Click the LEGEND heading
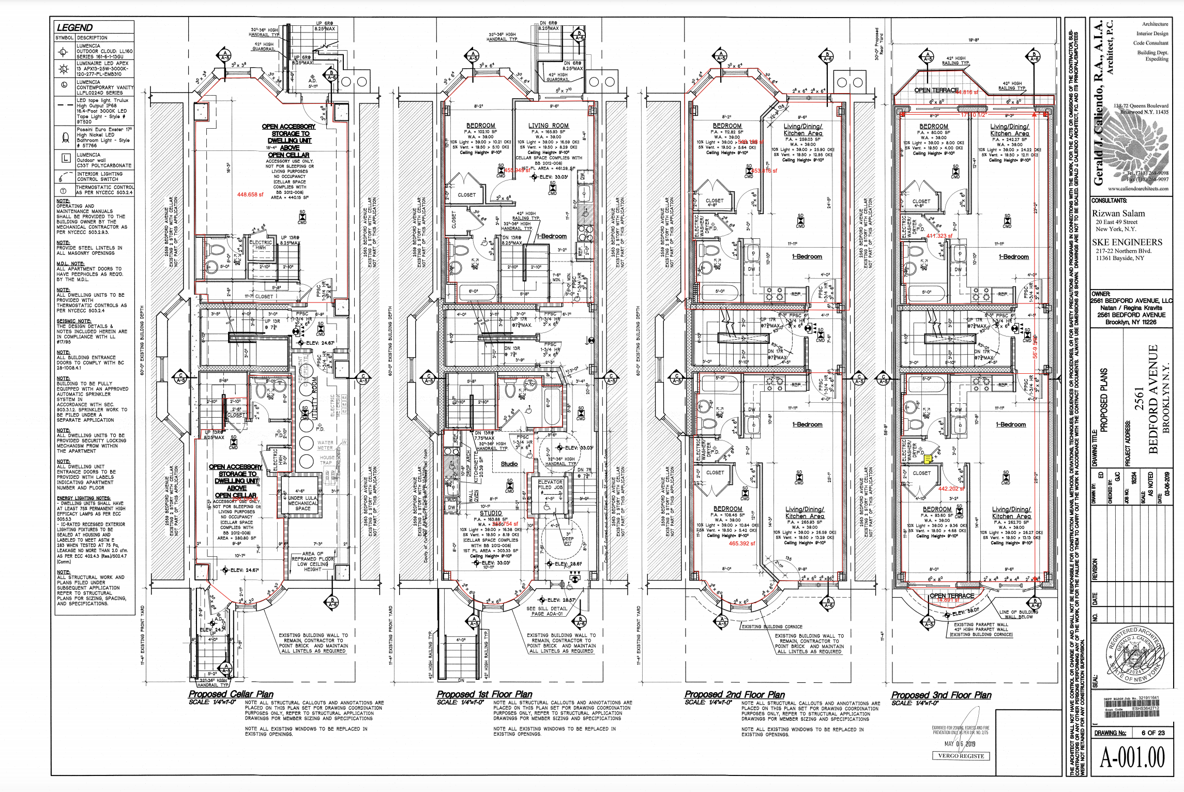[x=74, y=28]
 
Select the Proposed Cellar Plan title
[x=231, y=694]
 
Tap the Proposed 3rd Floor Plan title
[x=941, y=695]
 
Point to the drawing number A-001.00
[x=1132, y=757]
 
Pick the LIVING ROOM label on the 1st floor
[x=548, y=126]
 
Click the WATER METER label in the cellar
[x=325, y=445]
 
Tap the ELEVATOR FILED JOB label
[x=550, y=484]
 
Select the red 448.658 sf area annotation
[x=250, y=194]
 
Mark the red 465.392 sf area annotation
[x=742, y=543]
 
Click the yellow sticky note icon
[x=928, y=459]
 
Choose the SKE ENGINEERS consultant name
[x=1127, y=242]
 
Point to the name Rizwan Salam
[x=1118, y=213]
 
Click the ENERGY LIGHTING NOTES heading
[x=84, y=498]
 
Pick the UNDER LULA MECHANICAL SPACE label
[x=303, y=503]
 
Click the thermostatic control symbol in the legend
[x=64, y=191]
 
